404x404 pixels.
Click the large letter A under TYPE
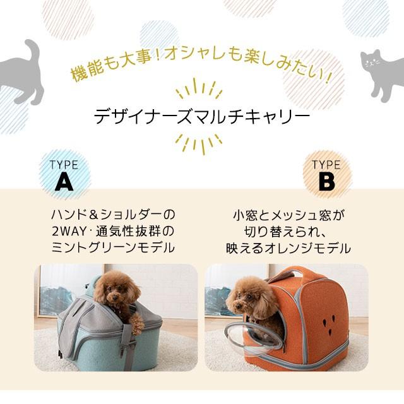tap(64, 182)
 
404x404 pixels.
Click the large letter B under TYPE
tap(326, 182)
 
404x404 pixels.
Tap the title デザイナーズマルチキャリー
tap(202, 118)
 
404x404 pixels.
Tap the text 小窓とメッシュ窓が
tap(288, 215)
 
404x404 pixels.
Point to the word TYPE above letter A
tap(64, 165)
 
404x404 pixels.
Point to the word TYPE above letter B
tap(326, 165)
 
